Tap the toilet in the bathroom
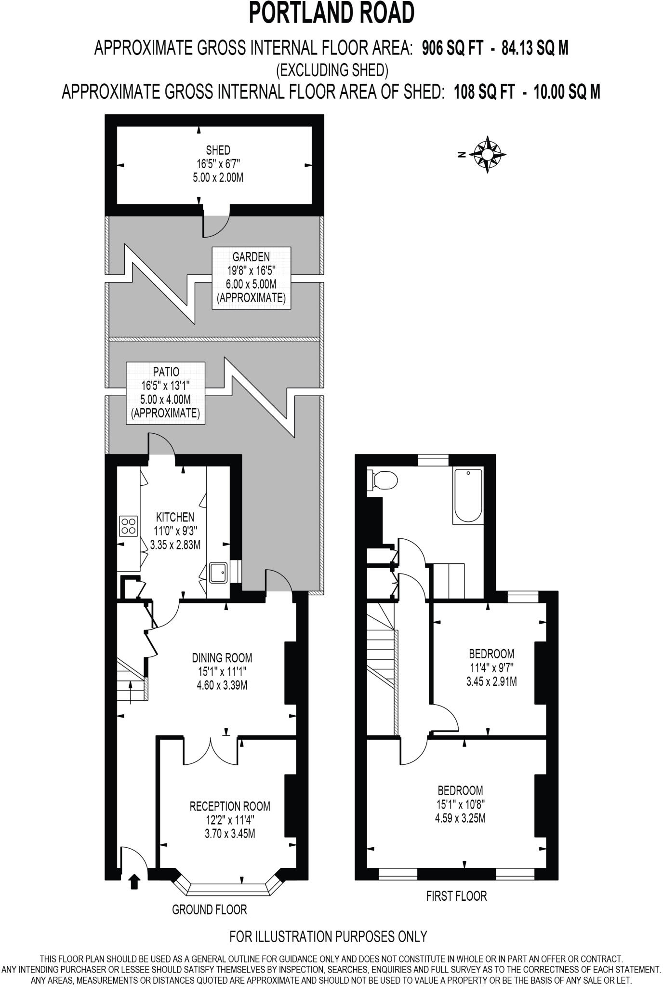tap(384, 480)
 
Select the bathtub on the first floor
tap(467, 496)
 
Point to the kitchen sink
tap(218, 573)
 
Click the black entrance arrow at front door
tap(135, 881)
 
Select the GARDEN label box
tap(251, 278)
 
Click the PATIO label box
tap(165, 393)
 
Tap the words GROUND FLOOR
tap(209, 909)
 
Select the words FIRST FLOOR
tap(456, 896)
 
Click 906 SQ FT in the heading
tap(452, 48)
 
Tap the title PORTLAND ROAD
tap(331, 13)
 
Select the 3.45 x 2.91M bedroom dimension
tap(491, 681)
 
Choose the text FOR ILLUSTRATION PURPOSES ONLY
tap(328, 936)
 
